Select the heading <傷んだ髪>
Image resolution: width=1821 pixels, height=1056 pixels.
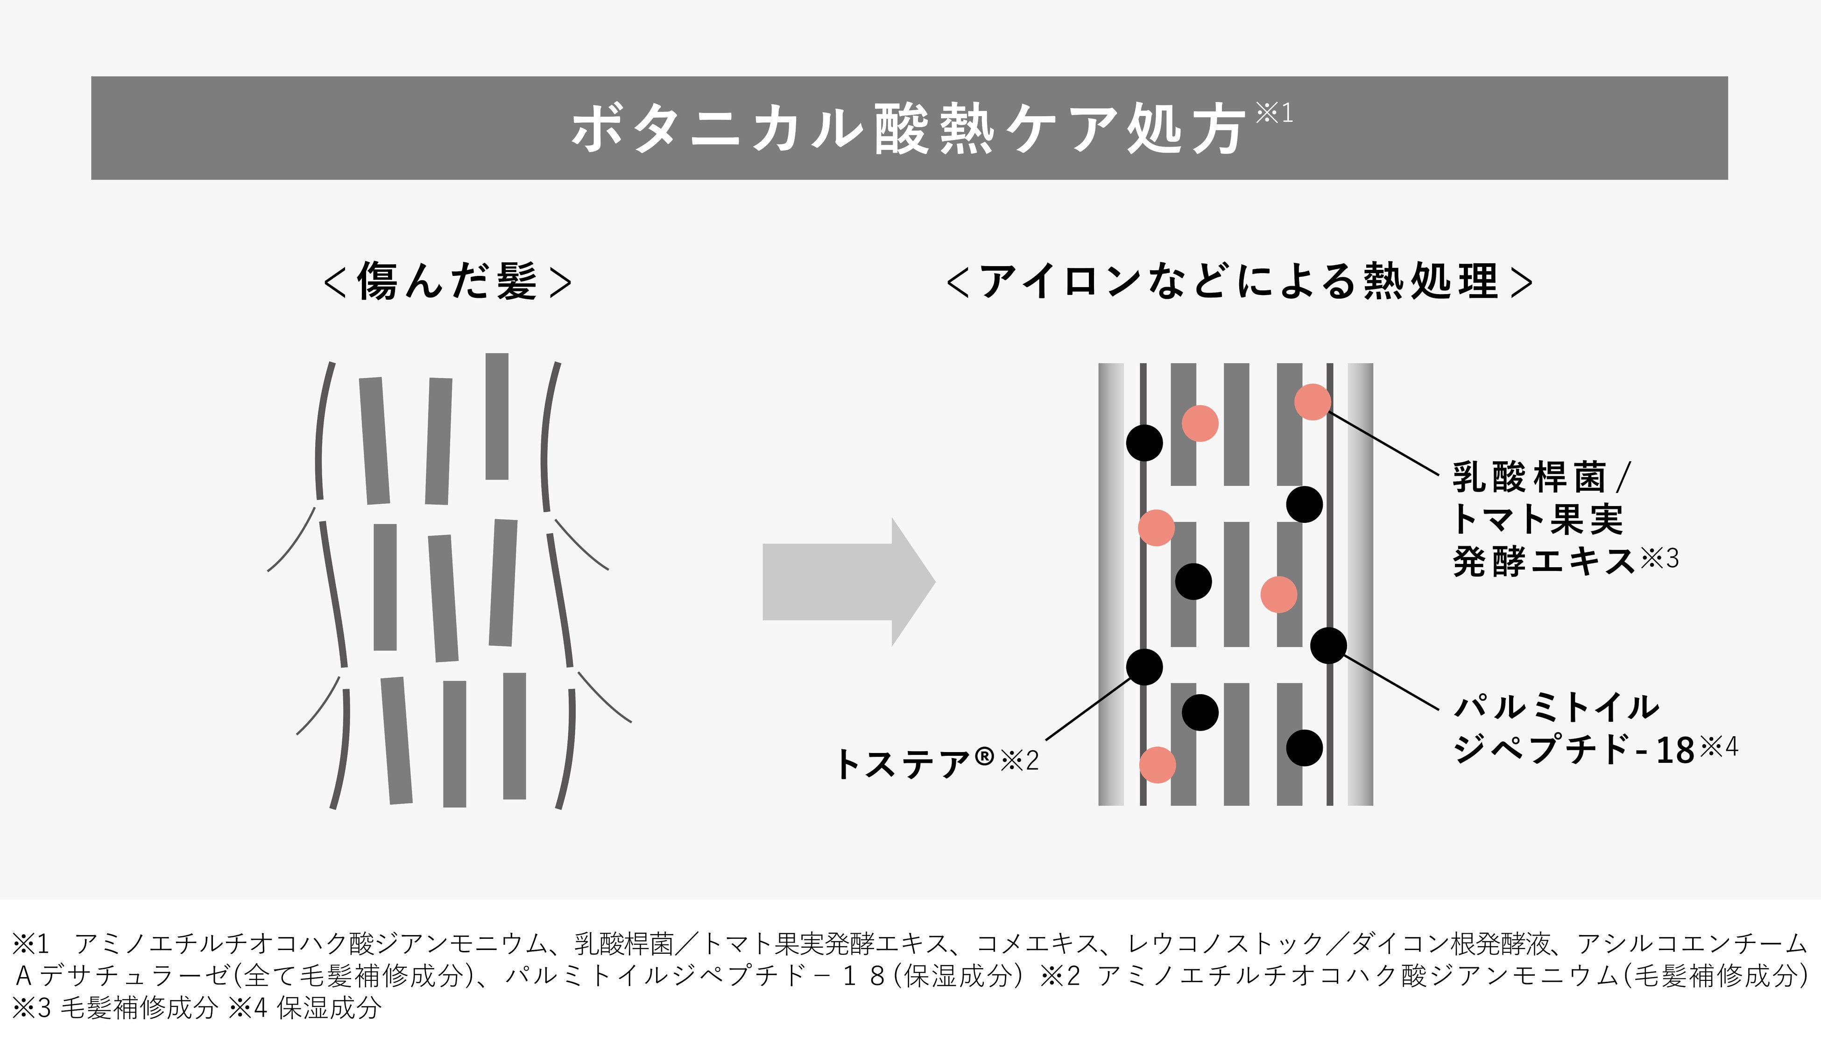coord(448,281)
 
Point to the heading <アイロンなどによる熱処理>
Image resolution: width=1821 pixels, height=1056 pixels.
coord(1239,281)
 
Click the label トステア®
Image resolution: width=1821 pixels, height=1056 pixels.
coord(915,763)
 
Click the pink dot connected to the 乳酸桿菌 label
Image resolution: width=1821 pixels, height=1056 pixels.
coord(1312,401)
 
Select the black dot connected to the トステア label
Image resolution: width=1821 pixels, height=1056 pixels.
coord(1144,667)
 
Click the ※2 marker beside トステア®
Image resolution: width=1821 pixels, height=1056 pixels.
coord(1020,760)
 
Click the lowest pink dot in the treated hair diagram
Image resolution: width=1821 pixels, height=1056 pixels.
coord(1157,765)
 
